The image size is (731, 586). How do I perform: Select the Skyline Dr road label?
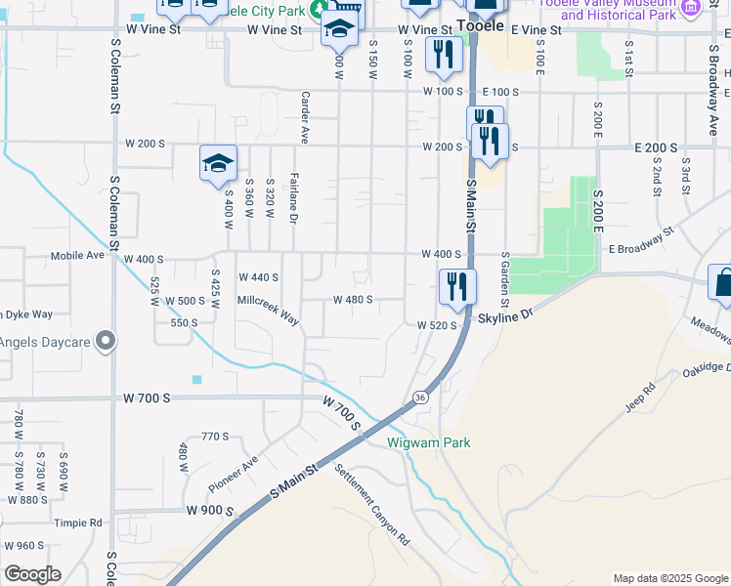point(507,317)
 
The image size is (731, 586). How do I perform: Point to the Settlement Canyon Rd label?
point(371,504)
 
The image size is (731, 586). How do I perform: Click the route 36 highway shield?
point(420,397)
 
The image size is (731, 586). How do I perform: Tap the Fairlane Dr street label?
point(293,195)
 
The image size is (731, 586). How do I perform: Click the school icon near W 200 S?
point(218,163)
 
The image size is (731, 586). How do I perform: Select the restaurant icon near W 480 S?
point(456,285)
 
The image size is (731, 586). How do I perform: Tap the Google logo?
point(32,574)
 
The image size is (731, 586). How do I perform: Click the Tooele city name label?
point(480,25)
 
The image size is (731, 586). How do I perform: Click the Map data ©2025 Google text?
point(669,578)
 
